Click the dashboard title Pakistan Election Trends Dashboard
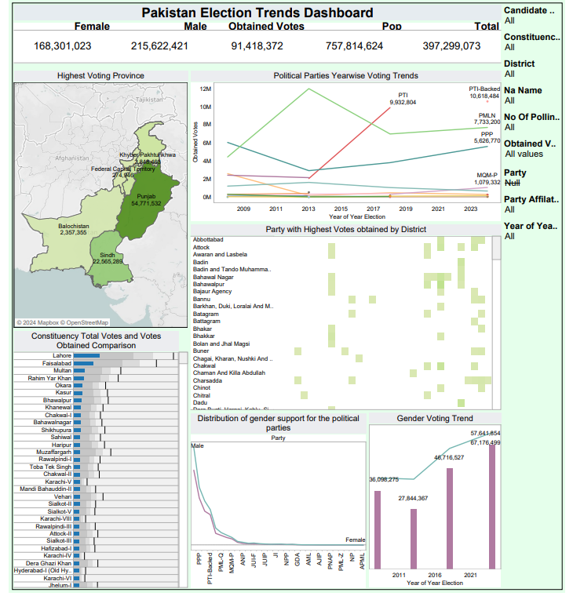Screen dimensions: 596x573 click(257, 13)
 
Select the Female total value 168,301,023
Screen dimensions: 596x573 click(63, 46)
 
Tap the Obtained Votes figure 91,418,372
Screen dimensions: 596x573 click(257, 46)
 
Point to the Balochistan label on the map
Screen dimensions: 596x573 click(74, 226)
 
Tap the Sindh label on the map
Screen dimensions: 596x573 click(108, 255)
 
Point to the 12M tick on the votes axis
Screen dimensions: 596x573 click(206, 89)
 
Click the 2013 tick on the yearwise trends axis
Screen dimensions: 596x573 click(308, 209)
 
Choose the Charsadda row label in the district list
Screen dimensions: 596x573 click(207, 380)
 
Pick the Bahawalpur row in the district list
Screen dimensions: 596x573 click(209, 284)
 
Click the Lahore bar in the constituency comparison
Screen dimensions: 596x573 click(87, 356)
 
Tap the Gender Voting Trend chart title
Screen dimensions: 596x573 click(435, 419)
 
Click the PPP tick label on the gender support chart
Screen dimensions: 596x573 click(199, 561)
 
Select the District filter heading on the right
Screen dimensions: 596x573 click(520, 64)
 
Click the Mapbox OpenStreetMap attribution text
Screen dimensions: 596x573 click(63, 322)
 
